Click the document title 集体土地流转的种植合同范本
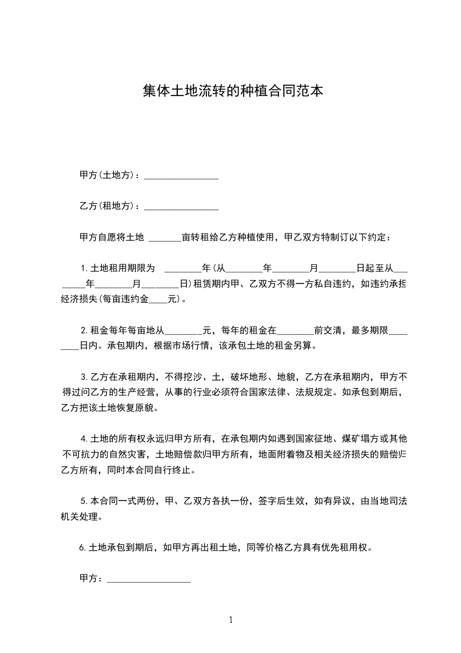tap(233, 91)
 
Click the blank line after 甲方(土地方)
tap(181, 176)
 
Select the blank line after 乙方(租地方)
tap(181, 207)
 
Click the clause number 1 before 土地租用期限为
tap(84, 269)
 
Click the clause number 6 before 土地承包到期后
tap(81, 548)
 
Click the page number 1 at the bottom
tap(231, 620)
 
